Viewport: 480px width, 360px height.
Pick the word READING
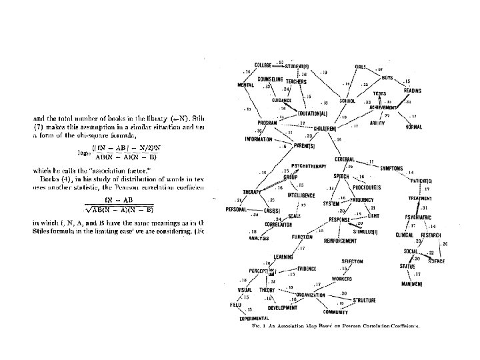[412, 91]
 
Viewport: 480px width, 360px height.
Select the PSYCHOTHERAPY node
[307, 165]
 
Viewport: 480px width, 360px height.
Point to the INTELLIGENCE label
[302, 195]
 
